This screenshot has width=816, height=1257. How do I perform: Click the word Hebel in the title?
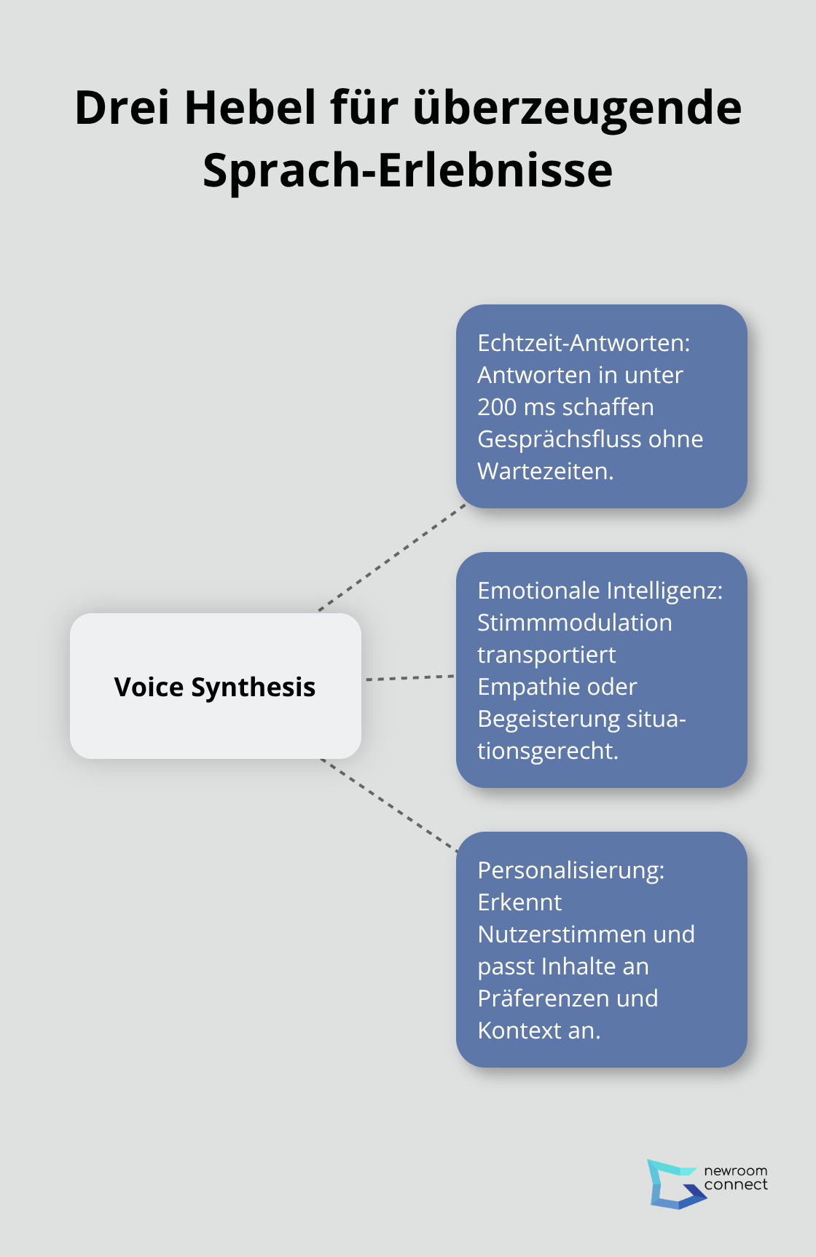click(251, 108)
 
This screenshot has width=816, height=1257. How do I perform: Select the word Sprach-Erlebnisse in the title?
click(407, 170)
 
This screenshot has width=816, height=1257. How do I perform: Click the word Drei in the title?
click(122, 108)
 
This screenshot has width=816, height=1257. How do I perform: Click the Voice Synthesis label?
click(215, 687)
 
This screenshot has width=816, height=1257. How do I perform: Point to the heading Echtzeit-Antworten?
click(584, 342)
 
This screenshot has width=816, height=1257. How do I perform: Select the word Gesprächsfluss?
click(554, 439)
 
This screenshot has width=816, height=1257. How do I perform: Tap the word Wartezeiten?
click(545, 471)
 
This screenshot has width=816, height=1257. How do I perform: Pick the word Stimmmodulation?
click(574, 623)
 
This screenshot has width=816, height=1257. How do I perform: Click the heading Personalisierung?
click(570, 870)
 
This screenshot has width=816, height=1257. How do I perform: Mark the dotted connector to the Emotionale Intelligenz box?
click(409, 678)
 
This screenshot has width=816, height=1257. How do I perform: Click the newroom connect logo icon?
click(673, 1183)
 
